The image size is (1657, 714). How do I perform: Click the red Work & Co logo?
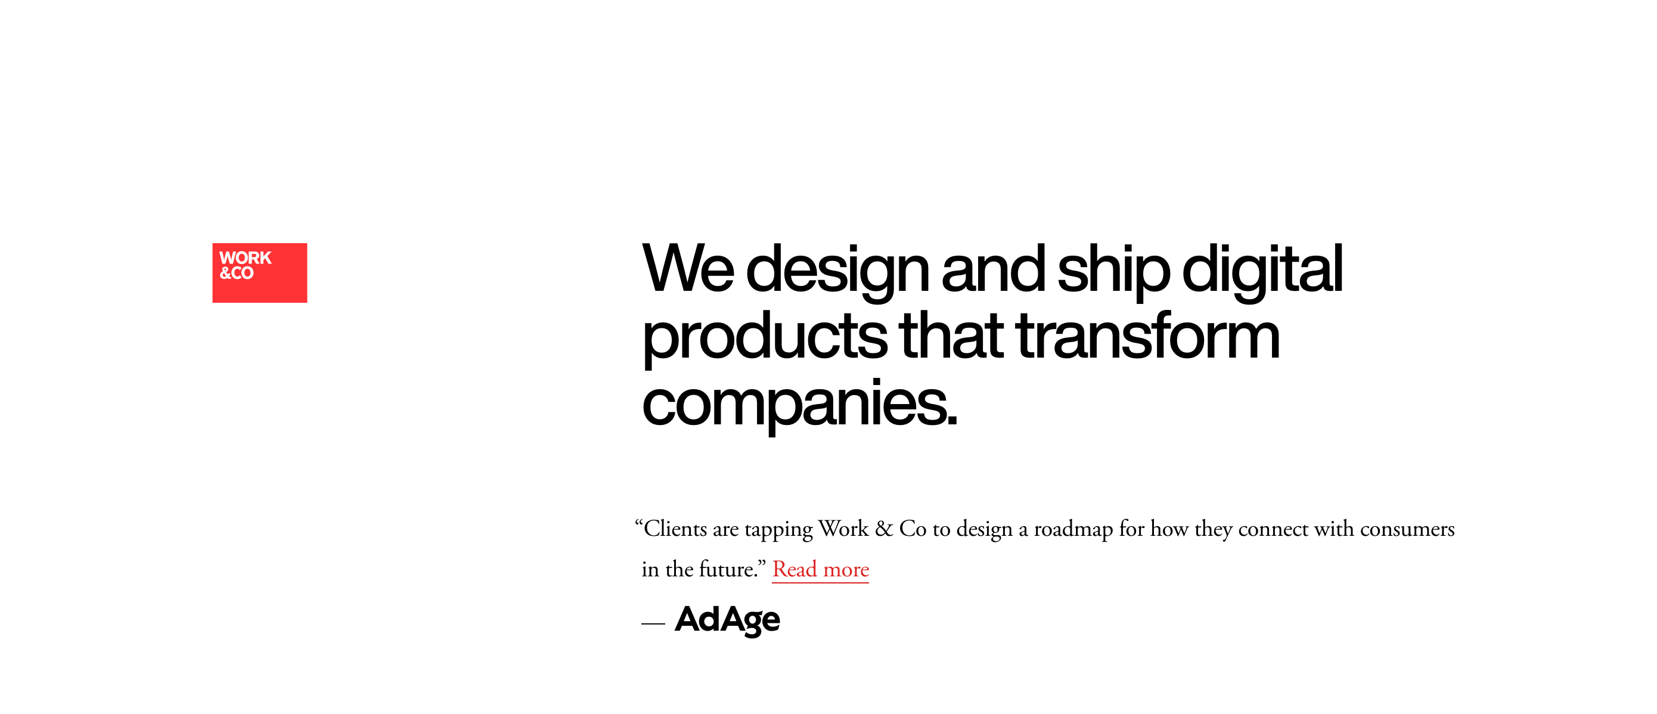pos(260,273)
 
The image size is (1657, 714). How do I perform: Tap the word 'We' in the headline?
pos(688,269)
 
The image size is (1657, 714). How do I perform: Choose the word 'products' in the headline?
pos(765,339)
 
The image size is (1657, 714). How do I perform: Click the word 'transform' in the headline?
pos(1148,336)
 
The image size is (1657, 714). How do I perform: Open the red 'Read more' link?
pos(820,569)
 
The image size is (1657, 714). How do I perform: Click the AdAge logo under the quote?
pos(728,619)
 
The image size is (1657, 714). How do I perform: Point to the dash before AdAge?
pos(653,623)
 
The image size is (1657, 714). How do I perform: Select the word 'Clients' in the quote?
pos(675,529)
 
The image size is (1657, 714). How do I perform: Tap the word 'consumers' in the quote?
pos(1407,529)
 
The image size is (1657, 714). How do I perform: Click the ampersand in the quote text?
pos(884,529)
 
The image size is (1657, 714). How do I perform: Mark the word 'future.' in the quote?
pos(728,569)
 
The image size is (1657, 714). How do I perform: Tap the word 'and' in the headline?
pos(994,269)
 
